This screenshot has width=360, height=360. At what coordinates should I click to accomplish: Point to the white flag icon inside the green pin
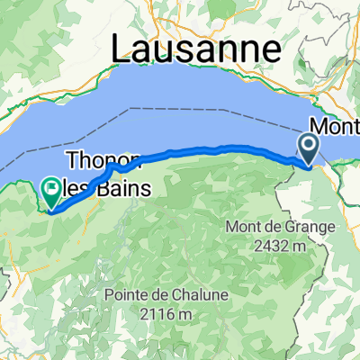click(x=50, y=189)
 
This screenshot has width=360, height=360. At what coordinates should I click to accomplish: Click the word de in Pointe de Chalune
click(x=162, y=294)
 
